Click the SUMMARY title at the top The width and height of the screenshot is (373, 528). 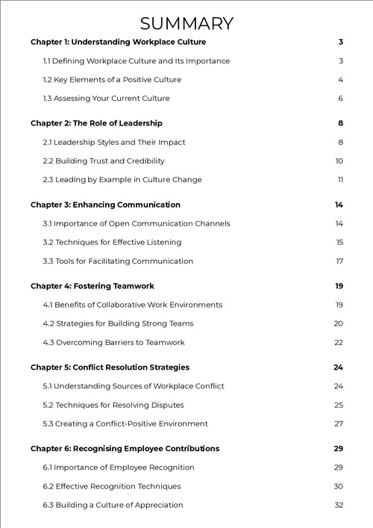(x=186, y=23)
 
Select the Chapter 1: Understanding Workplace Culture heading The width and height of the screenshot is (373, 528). (x=118, y=42)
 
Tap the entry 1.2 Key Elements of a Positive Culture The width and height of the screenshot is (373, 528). (x=112, y=80)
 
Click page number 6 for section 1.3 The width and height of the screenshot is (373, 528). (x=340, y=99)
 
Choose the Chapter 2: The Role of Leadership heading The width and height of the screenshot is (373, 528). (x=96, y=123)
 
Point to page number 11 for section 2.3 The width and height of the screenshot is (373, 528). (x=340, y=179)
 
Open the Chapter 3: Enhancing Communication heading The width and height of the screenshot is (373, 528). (x=105, y=205)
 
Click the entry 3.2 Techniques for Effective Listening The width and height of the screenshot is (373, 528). (x=112, y=242)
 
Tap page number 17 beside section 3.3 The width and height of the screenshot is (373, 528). (x=339, y=261)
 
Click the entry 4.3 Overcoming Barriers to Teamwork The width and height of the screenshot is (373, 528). (x=113, y=342)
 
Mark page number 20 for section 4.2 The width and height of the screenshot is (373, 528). (x=339, y=323)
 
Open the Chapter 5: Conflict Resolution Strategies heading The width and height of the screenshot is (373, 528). (x=110, y=367)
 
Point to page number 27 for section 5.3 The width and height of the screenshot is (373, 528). (x=339, y=423)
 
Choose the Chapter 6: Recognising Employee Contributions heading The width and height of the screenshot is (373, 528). (x=125, y=449)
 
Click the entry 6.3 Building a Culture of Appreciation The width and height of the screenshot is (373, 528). (x=113, y=505)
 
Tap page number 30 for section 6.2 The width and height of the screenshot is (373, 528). (x=339, y=486)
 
